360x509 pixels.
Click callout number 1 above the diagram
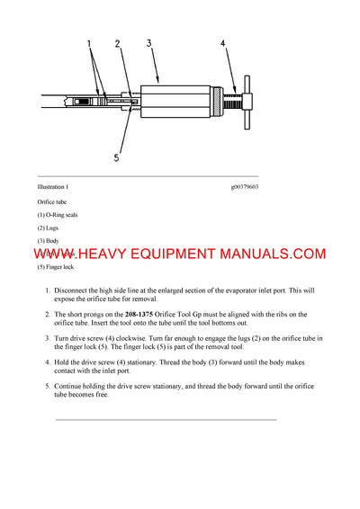pos(89,42)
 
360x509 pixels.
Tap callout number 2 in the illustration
pos(117,42)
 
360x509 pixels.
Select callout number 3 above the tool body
pos(149,42)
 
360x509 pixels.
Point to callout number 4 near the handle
pos(224,42)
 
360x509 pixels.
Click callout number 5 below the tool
pos(116,158)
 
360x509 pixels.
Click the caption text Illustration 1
pos(52,186)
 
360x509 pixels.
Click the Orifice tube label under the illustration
pos(52,202)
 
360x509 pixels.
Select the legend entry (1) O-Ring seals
pos(58,215)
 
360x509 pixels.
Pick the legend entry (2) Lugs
pos(49,228)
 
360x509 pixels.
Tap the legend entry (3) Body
pos(49,241)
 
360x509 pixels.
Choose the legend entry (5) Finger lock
pos(56,268)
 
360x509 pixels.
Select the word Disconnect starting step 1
pos(74,290)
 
